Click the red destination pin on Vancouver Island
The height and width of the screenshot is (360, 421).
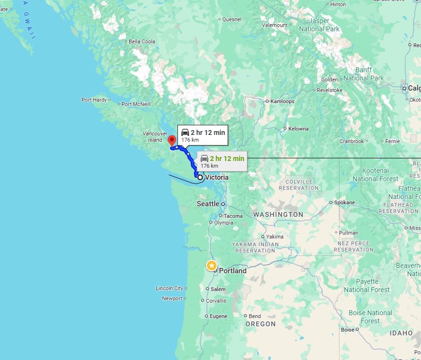(171, 140)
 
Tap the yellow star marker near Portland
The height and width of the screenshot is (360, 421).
(211, 265)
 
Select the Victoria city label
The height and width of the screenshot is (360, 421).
(217, 177)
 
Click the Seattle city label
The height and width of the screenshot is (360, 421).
(208, 204)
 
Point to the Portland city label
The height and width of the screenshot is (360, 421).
(232, 271)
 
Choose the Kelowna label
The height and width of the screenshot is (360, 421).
(298, 129)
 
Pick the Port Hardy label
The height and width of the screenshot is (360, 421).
(94, 100)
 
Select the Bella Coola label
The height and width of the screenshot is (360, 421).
(142, 41)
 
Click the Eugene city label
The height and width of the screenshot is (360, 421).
(218, 316)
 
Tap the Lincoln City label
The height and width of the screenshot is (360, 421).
(169, 288)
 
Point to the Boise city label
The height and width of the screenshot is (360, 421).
(347, 330)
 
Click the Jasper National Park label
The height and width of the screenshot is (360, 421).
(319, 25)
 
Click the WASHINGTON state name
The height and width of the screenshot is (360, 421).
(278, 214)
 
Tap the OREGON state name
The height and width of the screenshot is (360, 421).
(260, 324)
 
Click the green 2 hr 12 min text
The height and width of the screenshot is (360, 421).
(227, 158)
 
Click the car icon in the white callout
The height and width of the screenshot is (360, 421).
(185, 133)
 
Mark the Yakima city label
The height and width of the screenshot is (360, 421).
(275, 237)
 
